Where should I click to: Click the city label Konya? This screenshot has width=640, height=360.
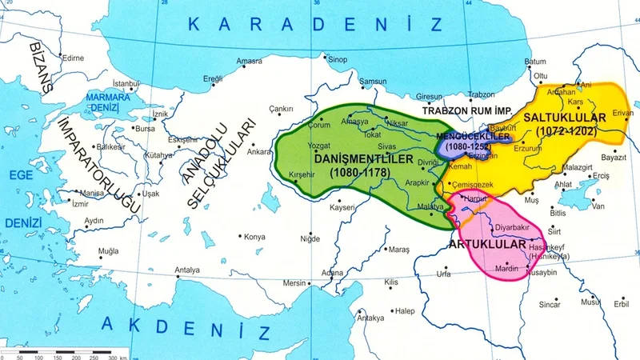pyautogui.click(x=254, y=237)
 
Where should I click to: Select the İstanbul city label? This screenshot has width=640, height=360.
pyautogui.click(x=126, y=83)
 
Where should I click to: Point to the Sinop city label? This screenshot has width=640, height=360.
pyautogui.click(x=338, y=59)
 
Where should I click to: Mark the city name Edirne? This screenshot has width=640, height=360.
pyautogui.click(x=74, y=58)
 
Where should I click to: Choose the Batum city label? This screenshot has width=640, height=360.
pyautogui.click(x=535, y=62)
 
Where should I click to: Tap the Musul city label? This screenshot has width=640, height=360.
pyautogui.click(x=590, y=302)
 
